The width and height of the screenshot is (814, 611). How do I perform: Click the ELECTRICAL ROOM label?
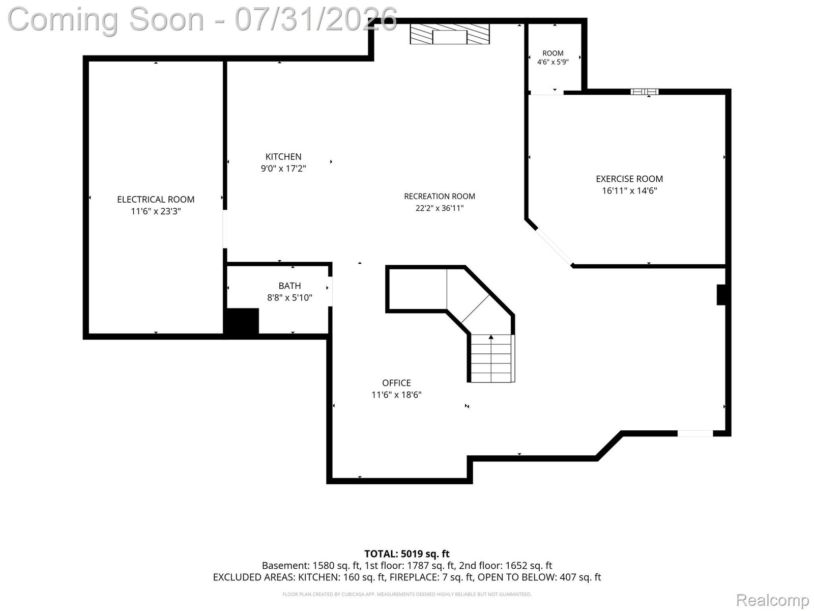coord(156,200)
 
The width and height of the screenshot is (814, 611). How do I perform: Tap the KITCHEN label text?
coord(283,156)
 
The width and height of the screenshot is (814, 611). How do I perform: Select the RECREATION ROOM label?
coord(440,196)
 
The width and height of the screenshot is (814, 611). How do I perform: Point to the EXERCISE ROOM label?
coord(629,179)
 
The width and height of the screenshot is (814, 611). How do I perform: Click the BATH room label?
coord(289,286)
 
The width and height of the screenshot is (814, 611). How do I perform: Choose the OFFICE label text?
coord(396,383)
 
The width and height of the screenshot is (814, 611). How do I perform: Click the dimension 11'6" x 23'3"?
coord(156,211)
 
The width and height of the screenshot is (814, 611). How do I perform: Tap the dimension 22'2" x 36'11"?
coord(440,208)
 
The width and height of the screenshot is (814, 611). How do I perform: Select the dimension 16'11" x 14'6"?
coord(629,190)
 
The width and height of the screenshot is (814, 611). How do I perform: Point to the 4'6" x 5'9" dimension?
coord(553,62)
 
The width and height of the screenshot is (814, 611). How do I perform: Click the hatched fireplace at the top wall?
coord(449,34)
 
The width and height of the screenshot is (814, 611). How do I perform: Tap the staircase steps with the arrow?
coord(491,358)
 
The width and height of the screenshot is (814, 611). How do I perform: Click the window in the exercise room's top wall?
coord(645,92)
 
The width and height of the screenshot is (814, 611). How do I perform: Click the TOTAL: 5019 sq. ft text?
coord(407,554)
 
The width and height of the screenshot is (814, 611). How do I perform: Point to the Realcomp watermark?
coord(772,600)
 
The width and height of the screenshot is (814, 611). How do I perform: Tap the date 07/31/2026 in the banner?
coord(316,19)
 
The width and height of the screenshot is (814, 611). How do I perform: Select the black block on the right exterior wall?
coord(721,295)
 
